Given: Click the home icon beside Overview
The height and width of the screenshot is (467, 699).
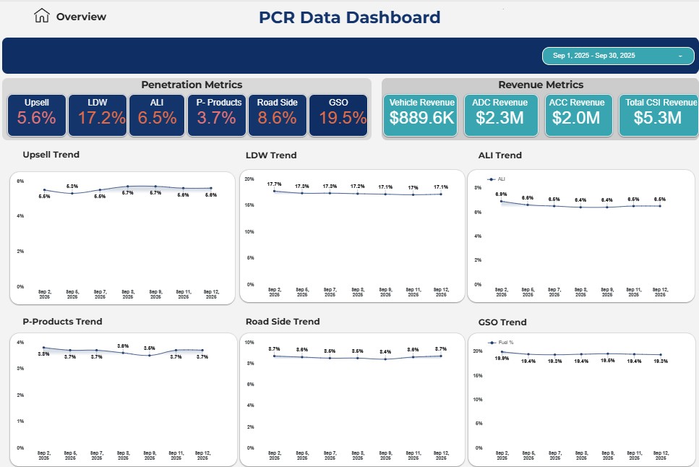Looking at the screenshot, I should [x=43, y=16].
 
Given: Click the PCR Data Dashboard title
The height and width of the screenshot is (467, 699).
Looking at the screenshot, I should [x=349, y=17].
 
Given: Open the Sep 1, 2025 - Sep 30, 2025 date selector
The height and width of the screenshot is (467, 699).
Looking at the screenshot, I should [x=617, y=56].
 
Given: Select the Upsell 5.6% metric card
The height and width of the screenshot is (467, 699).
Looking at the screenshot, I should [x=37, y=114].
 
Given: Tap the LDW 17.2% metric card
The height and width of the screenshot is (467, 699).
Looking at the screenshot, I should [x=98, y=114].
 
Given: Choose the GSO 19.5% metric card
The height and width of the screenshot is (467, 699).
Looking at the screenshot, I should [x=338, y=114].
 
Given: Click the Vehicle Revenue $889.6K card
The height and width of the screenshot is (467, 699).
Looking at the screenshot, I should [x=422, y=114].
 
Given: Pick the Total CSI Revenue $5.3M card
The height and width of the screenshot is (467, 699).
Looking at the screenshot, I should [x=659, y=114].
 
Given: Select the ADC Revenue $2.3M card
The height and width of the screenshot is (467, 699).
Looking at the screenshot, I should [x=501, y=114].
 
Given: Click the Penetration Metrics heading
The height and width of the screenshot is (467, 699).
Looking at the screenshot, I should [x=192, y=85].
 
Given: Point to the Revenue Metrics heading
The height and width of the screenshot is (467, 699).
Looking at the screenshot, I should [x=541, y=85].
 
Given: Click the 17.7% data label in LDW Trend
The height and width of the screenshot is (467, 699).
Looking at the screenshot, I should [x=275, y=184].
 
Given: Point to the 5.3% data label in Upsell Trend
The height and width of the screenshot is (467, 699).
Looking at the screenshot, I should [x=72, y=187].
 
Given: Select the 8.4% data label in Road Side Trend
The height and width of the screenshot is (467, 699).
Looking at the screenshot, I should [x=385, y=351].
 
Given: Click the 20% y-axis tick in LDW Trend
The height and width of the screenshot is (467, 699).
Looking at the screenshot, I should [x=249, y=179].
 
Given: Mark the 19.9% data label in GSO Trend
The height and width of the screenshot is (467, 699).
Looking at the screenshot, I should [x=502, y=358].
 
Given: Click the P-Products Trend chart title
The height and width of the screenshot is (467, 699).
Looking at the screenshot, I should [x=62, y=322].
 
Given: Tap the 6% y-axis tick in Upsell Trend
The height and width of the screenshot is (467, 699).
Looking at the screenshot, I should [x=20, y=181].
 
